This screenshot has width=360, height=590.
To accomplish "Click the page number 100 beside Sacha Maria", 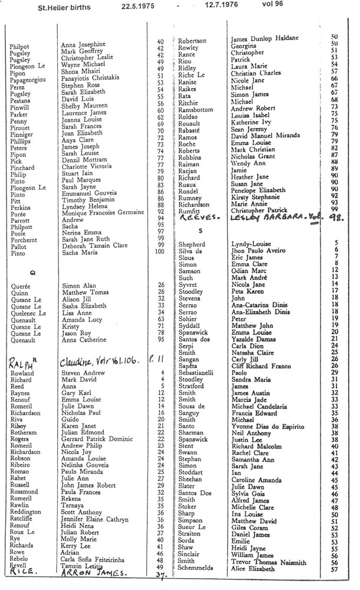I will point(158,253).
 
